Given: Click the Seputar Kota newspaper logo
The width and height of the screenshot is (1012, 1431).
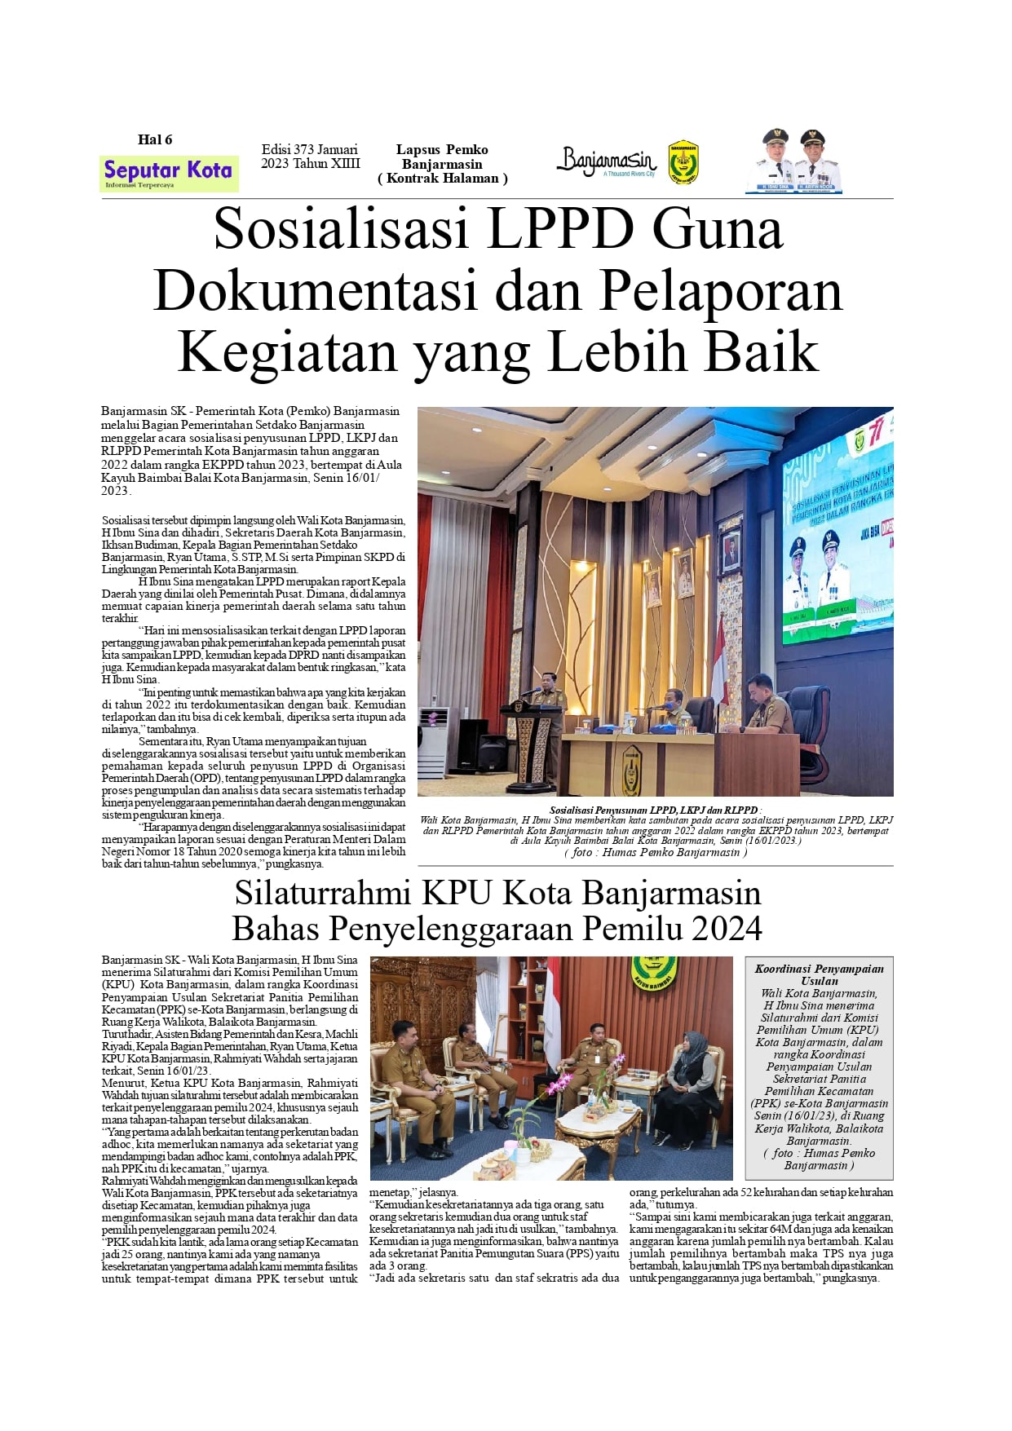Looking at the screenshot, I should pyautogui.click(x=169, y=173).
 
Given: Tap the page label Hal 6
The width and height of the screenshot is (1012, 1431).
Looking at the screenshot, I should pyautogui.click(x=155, y=139).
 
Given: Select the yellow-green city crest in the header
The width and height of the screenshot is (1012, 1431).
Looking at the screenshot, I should pyautogui.click(x=683, y=163).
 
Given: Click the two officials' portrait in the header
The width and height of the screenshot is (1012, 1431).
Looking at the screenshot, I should pyautogui.click(x=793, y=161).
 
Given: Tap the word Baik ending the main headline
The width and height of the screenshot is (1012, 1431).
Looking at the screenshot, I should pyautogui.click(x=761, y=352).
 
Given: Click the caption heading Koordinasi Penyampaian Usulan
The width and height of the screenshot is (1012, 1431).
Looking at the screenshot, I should pyautogui.click(x=819, y=974).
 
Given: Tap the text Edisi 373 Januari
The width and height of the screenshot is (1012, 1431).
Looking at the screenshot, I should pyautogui.click(x=309, y=149).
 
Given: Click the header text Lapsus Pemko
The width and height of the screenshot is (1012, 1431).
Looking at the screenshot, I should pyautogui.click(x=442, y=149).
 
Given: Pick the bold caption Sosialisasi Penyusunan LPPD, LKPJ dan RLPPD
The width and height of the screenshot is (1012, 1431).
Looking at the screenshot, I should pyautogui.click(x=655, y=810).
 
